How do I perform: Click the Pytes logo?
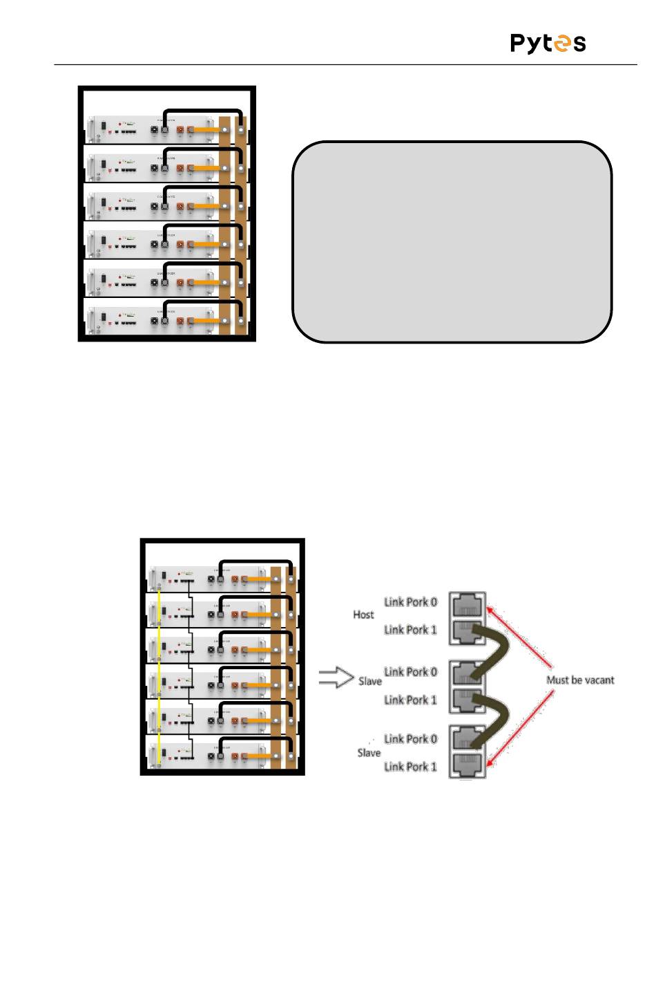pos(548,44)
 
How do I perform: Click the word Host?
pos(363,615)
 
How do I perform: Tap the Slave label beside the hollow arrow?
pos(370,681)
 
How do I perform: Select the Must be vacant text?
pos(580,680)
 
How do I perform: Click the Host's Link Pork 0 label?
pos(411,601)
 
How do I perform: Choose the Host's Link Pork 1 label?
pos(411,629)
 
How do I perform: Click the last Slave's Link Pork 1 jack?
pos(468,765)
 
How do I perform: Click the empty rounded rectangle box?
pos(452,242)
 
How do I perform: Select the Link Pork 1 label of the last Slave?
pos(411,766)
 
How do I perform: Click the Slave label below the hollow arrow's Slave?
pos(369,752)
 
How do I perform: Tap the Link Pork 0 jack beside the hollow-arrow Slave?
pos(468,673)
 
